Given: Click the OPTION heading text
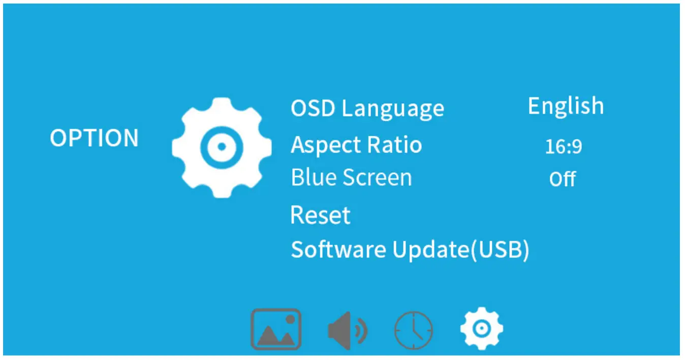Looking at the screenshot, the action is pyautogui.click(x=94, y=138).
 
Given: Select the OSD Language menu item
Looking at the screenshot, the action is pyautogui.click(x=367, y=109).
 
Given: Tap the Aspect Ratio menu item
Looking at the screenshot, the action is pyautogui.click(x=356, y=145).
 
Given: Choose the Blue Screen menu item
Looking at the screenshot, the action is pyautogui.click(x=351, y=177).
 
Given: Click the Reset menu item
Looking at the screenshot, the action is pyautogui.click(x=320, y=215).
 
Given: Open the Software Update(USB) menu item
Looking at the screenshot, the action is pyautogui.click(x=410, y=250).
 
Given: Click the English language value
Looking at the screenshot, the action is pyautogui.click(x=566, y=106).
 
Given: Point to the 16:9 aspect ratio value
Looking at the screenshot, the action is pyautogui.click(x=563, y=146).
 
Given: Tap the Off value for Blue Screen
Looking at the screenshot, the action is pyautogui.click(x=563, y=179).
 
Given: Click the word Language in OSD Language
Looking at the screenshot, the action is pyautogui.click(x=393, y=109).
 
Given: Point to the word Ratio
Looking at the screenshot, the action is pyautogui.click(x=394, y=144).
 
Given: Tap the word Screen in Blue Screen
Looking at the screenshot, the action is pyautogui.click(x=378, y=178).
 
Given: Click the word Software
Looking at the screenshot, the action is pyautogui.click(x=338, y=250).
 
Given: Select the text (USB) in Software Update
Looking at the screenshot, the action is pyautogui.click(x=501, y=250).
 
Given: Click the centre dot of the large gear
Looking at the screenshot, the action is pyautogui.click(x=222, y=147).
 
